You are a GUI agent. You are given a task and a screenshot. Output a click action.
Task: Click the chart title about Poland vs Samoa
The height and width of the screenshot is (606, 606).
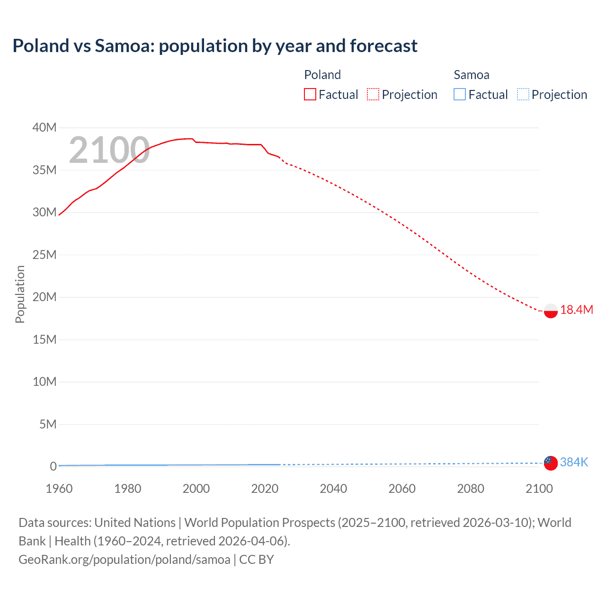215,46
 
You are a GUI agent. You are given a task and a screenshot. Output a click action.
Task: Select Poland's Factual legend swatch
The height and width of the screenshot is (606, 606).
310,94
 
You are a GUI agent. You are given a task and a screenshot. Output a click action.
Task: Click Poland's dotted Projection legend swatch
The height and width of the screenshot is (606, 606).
373,94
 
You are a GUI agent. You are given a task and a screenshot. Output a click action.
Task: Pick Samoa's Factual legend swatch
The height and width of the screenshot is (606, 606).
460,94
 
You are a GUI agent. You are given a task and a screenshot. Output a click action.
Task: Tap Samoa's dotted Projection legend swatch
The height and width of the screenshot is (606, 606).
523,94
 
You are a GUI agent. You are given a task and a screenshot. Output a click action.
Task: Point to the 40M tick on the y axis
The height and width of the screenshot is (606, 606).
45,127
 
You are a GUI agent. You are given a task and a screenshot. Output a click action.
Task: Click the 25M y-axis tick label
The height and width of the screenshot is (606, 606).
45,255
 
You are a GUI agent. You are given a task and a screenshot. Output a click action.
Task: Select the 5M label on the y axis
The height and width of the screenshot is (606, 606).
48,424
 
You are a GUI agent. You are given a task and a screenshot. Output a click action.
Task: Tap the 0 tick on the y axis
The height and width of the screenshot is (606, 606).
53,466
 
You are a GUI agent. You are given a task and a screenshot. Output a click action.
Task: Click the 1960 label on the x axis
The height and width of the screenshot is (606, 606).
59,489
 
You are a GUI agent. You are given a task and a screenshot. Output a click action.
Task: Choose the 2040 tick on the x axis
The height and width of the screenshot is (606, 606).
333,489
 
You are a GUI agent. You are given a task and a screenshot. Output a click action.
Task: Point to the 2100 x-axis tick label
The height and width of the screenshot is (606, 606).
539,489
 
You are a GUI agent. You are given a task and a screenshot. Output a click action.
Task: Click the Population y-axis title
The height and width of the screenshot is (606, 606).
20,294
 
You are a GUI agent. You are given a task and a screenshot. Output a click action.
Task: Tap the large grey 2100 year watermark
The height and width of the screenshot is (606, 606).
109,150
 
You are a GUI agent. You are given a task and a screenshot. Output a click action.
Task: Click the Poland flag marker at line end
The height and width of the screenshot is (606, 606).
551,311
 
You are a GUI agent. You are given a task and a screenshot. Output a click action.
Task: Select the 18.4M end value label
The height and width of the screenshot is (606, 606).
576,310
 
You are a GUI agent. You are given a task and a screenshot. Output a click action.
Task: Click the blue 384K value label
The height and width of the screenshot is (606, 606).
574,462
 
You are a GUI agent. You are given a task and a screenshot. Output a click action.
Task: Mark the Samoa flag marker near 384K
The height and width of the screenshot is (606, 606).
551,463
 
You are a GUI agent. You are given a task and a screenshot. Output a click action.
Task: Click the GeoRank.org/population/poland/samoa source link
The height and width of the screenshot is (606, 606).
125,559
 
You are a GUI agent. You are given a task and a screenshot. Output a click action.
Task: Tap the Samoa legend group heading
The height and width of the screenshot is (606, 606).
471,75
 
